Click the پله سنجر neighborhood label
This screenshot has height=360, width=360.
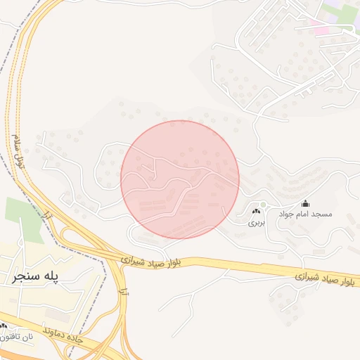[44, 277]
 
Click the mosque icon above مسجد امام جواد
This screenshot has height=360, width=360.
[304, 203]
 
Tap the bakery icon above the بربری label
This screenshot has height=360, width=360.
[255, 212]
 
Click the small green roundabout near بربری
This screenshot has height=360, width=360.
[263, 205]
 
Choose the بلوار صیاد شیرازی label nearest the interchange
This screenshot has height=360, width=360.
[154, 260]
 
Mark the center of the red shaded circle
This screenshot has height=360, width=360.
[180, 179]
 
